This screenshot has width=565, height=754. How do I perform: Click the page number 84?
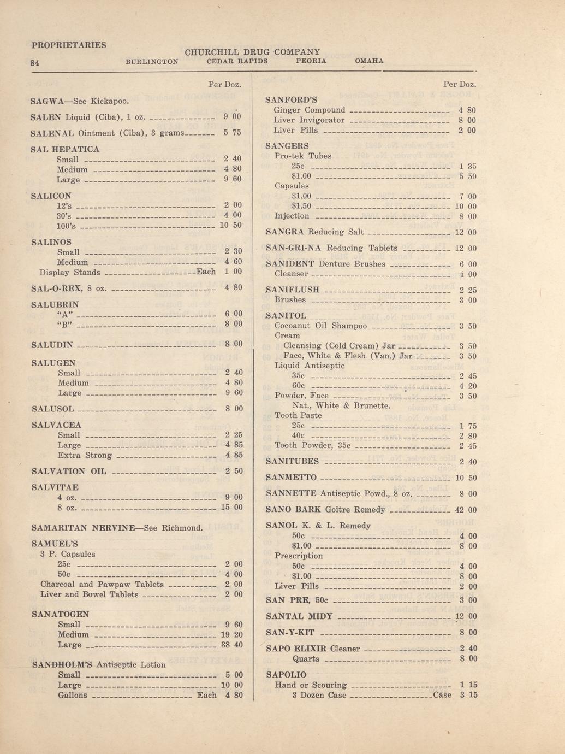pos(34,63)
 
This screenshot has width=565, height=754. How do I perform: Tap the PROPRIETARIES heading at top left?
pos(69,45)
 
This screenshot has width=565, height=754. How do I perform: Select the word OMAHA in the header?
pos(369,61)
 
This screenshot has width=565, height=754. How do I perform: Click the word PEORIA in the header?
pos(311,61)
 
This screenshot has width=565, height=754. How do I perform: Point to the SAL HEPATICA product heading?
pos(66,149)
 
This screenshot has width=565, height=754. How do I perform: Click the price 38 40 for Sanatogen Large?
pos(231,645)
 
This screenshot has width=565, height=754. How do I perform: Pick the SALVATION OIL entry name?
pos(69,472)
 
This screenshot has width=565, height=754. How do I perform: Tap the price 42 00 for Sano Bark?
pos(466,510)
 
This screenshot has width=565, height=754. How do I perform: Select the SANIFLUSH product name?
pos(292,290)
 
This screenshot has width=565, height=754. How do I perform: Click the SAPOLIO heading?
pos(286,675)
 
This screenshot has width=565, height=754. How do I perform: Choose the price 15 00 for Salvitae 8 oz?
pos(231,508)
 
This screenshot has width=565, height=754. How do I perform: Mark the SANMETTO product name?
pos(291,478)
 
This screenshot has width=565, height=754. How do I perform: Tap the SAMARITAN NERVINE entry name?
pos(83,528)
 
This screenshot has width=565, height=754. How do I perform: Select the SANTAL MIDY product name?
pos(299,616)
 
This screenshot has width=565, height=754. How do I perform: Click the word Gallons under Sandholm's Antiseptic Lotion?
pos(72,696)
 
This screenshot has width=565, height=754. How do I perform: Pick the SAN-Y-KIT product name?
pos(290,633)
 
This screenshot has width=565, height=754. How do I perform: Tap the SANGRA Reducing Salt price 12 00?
pos(466,233)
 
